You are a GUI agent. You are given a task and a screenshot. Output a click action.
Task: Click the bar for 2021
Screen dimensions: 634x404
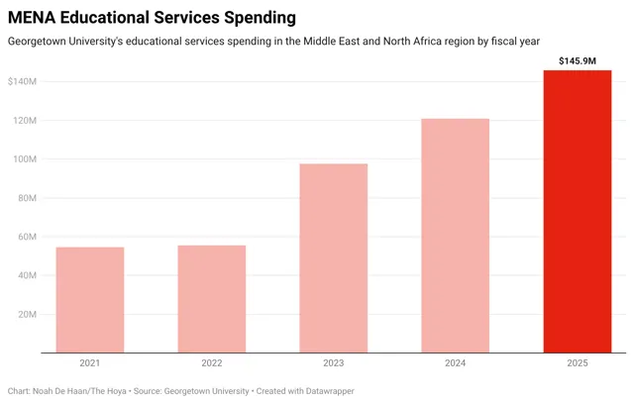pos(90,300)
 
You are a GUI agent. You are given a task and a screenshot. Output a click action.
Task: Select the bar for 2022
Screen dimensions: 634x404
pos(212,299)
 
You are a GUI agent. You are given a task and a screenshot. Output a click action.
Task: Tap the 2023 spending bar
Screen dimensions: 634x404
pos(334,258)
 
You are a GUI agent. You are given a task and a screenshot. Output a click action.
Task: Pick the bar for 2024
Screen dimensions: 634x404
pos(456,236)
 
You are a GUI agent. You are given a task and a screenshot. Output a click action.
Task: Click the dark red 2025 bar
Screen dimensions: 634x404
pos(578,211)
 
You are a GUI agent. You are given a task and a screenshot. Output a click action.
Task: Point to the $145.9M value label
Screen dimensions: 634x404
pos(578,61)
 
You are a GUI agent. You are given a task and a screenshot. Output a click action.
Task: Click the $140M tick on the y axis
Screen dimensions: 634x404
pos(22,81)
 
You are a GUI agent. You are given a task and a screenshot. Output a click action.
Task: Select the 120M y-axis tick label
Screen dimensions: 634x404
pos(25,121)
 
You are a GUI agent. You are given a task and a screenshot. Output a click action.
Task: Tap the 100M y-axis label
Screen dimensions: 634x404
pos(25,159)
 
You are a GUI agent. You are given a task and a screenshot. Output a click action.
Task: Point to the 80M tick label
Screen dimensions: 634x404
pos(27,198)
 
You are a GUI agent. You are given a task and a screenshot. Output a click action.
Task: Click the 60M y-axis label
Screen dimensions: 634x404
pos(27,237)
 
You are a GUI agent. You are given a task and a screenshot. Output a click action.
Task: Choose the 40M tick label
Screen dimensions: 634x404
pos(27,275)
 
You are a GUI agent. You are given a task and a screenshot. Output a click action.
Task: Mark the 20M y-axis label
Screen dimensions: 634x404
pos(27,314)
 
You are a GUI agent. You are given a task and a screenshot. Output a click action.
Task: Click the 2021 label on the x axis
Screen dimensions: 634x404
pos(90,362)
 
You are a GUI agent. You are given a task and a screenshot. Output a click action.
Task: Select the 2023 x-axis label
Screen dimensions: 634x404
pos(334,362)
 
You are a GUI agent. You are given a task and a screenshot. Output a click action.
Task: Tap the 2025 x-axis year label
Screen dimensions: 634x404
pos(578,362)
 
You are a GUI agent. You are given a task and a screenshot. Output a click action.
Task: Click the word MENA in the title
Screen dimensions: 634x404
pos(32,18)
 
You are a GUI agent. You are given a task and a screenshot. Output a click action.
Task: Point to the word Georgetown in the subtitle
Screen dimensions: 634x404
pos(38,42)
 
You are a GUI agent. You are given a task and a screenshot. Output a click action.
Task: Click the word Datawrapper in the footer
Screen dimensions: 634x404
pos(330,391)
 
